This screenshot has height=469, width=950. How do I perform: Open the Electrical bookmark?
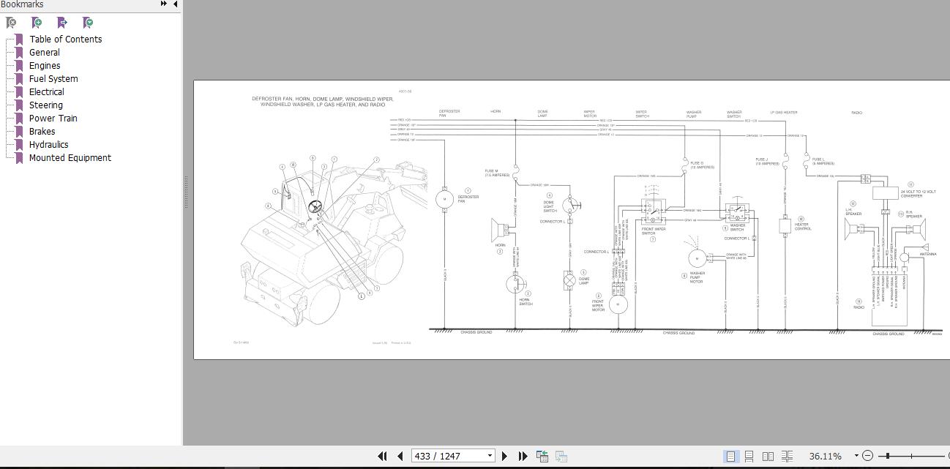tap(46, 92)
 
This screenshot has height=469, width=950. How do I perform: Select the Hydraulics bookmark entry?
tap(48, 145)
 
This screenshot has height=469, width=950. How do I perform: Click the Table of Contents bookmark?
tap(65, 40)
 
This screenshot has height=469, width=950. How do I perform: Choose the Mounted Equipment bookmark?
tap(70, 158)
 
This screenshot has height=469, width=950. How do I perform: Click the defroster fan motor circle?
tap(444, 199)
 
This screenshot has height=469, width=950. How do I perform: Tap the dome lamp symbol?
tap(569, 281)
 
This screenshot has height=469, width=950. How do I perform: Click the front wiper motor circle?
tap(618, 304)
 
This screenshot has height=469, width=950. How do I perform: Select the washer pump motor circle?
tap(697, 258)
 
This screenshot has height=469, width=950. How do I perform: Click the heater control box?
tap(785, 225)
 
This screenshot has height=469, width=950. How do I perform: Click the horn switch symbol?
tap(515, 284)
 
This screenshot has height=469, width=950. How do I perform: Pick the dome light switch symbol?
tap(570, 205)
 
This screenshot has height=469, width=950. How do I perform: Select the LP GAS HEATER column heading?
tap(783, 113)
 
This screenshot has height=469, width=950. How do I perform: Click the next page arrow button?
tap(504, 456)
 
